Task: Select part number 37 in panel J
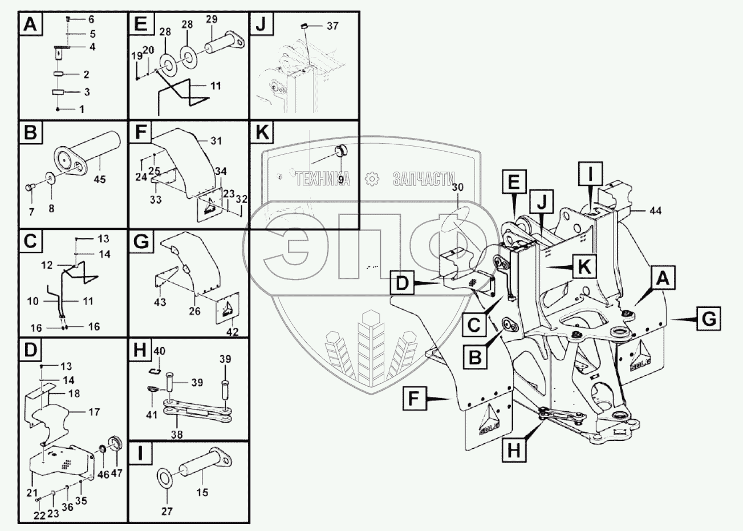[x=332, y=26]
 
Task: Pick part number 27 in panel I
[x=166, y=512]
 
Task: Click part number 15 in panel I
[x=202, y=492]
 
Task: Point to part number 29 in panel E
[x=212, y=19]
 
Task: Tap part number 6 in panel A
[x=91, y=19]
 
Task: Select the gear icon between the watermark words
[x=372, y=179]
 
